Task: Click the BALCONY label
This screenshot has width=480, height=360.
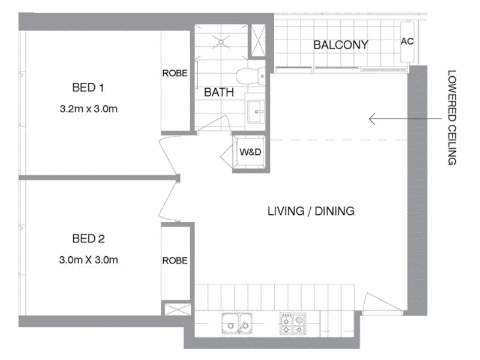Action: click(340, 45)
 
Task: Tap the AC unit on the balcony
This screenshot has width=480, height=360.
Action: click(407, 41)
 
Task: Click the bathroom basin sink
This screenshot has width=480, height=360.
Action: click(256, 112)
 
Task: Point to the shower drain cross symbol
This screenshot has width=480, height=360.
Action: click(222, 41)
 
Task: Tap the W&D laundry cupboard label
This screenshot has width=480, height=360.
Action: click(250, 152)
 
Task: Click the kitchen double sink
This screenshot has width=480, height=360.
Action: click(237, 323)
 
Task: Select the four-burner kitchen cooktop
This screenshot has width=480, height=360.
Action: click(292, 323)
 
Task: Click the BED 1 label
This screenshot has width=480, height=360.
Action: click(88, 88)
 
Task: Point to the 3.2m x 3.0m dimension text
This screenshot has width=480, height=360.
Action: click(88, 109)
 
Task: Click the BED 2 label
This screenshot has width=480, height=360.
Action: click(88, 238)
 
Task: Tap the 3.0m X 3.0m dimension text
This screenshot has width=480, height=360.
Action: click(88, 260)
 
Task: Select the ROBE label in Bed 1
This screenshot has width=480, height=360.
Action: click(175, 73)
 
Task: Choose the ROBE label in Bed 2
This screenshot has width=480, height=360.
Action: click(175, 260)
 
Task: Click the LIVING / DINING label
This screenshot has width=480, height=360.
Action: click(311, 211)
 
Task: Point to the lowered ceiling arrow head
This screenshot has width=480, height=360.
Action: click(370, 119)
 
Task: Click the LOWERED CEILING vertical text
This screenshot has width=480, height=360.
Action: click(452, 118)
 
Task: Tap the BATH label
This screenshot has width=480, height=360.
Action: click(219, 92)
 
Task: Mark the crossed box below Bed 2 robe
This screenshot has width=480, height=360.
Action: click(178, 309)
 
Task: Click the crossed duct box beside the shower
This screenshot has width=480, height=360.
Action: click(258, 40)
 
